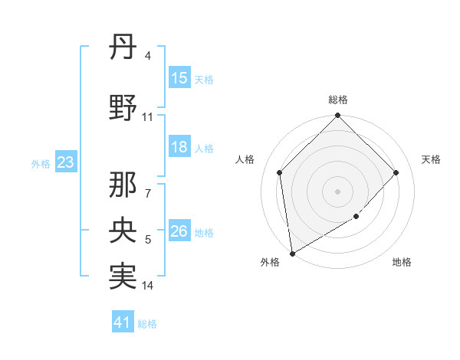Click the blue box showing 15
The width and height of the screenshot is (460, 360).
point(179,78)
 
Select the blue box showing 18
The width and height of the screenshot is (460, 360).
point(179,147)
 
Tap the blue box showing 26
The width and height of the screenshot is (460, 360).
point(179,231)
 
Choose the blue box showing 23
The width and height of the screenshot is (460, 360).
point(65,162)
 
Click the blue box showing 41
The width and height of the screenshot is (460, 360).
point(123,322)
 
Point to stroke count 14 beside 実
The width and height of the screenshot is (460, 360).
point(148,286)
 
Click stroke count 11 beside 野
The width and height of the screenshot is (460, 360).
point(147,117)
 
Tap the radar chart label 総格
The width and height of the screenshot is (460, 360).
point(337,100)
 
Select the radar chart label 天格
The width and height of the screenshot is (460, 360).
point(431,159)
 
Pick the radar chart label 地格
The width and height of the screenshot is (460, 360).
point(402,263)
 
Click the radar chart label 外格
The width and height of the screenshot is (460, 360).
point(270,263)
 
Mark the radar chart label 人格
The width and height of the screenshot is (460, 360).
point(245,159)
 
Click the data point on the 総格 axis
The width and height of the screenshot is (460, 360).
point(337,116)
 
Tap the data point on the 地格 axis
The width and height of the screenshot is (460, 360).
point(356,217)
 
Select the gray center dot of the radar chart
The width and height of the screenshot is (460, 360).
point(337,191)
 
